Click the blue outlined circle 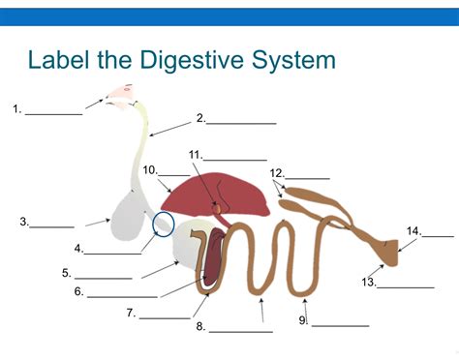click(164, 225)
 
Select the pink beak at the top click(120, 92)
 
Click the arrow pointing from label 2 click(170, 126)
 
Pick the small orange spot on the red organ click(219, 207)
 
